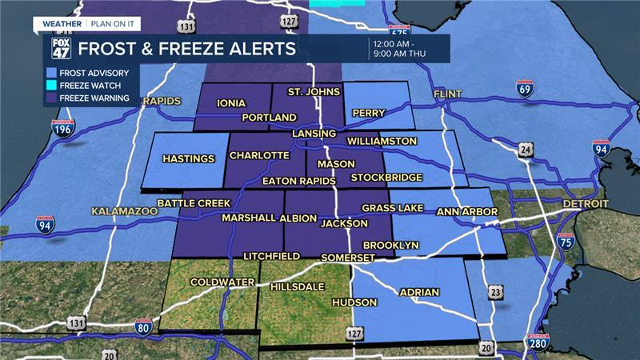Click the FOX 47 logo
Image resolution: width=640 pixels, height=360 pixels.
click(62, 48)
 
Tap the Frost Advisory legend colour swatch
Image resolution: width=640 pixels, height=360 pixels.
click(50, 73)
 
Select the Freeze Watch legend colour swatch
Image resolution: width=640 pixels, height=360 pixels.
click(50, 85)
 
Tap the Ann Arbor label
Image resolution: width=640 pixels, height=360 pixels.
click(468, 212)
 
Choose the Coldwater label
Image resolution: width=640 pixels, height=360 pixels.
click(222, 282)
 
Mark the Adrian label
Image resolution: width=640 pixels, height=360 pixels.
click(419, 292)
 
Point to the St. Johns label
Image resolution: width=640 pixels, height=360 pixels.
click(308, 93)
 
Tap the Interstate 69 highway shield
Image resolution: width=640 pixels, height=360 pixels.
click(525, 87)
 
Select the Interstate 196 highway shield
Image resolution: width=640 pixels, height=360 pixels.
click(63, 129)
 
